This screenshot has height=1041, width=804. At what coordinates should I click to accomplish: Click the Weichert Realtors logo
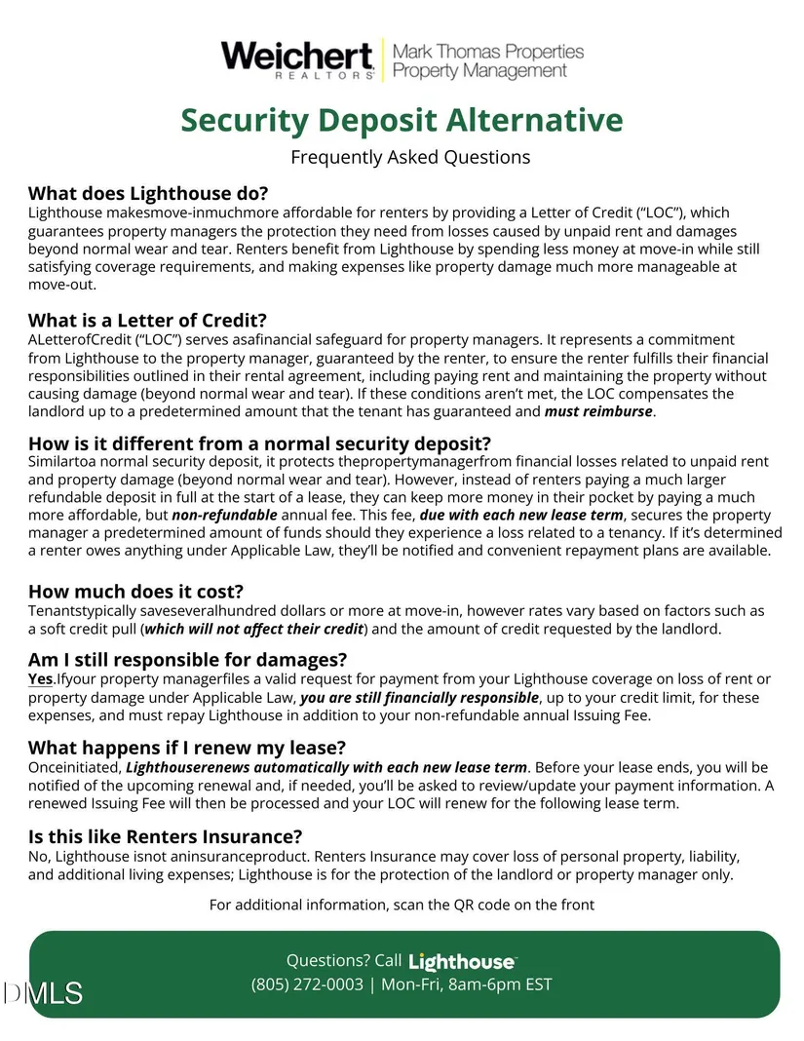(298, 58)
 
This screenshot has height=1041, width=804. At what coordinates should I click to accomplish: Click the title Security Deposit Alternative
(402, 120)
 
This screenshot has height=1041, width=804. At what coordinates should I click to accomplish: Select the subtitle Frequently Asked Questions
(410, 157)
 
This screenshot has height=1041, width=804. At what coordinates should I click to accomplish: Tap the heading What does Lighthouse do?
(148, 192)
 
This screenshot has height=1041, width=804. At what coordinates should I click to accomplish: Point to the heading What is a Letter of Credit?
(147, 320)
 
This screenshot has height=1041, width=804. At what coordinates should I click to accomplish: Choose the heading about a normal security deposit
(259, 443)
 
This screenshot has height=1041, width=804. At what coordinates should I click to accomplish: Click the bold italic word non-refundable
(224, 515)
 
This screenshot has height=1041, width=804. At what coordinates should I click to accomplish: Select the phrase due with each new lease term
(522, 515)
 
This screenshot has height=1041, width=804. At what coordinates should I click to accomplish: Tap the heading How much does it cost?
(135, 591)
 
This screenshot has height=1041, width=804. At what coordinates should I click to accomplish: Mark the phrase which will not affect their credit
(254, 629)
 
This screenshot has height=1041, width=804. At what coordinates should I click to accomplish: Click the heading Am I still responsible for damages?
(188, 659)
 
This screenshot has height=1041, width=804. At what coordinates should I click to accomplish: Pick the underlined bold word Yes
(40, 678)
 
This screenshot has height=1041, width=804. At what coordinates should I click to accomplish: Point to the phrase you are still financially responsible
(419, 697)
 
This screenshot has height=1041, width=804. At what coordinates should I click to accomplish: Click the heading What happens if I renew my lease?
(187, 748)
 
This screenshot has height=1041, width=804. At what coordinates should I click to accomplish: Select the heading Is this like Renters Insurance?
(166, 836)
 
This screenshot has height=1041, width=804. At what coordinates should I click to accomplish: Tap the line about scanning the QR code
(402, 905)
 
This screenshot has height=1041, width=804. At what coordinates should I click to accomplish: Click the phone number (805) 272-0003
(307, 984)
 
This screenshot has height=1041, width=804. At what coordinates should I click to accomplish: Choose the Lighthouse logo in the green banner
(462, 961)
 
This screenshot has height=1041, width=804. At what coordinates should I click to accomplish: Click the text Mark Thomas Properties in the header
(488, 51)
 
